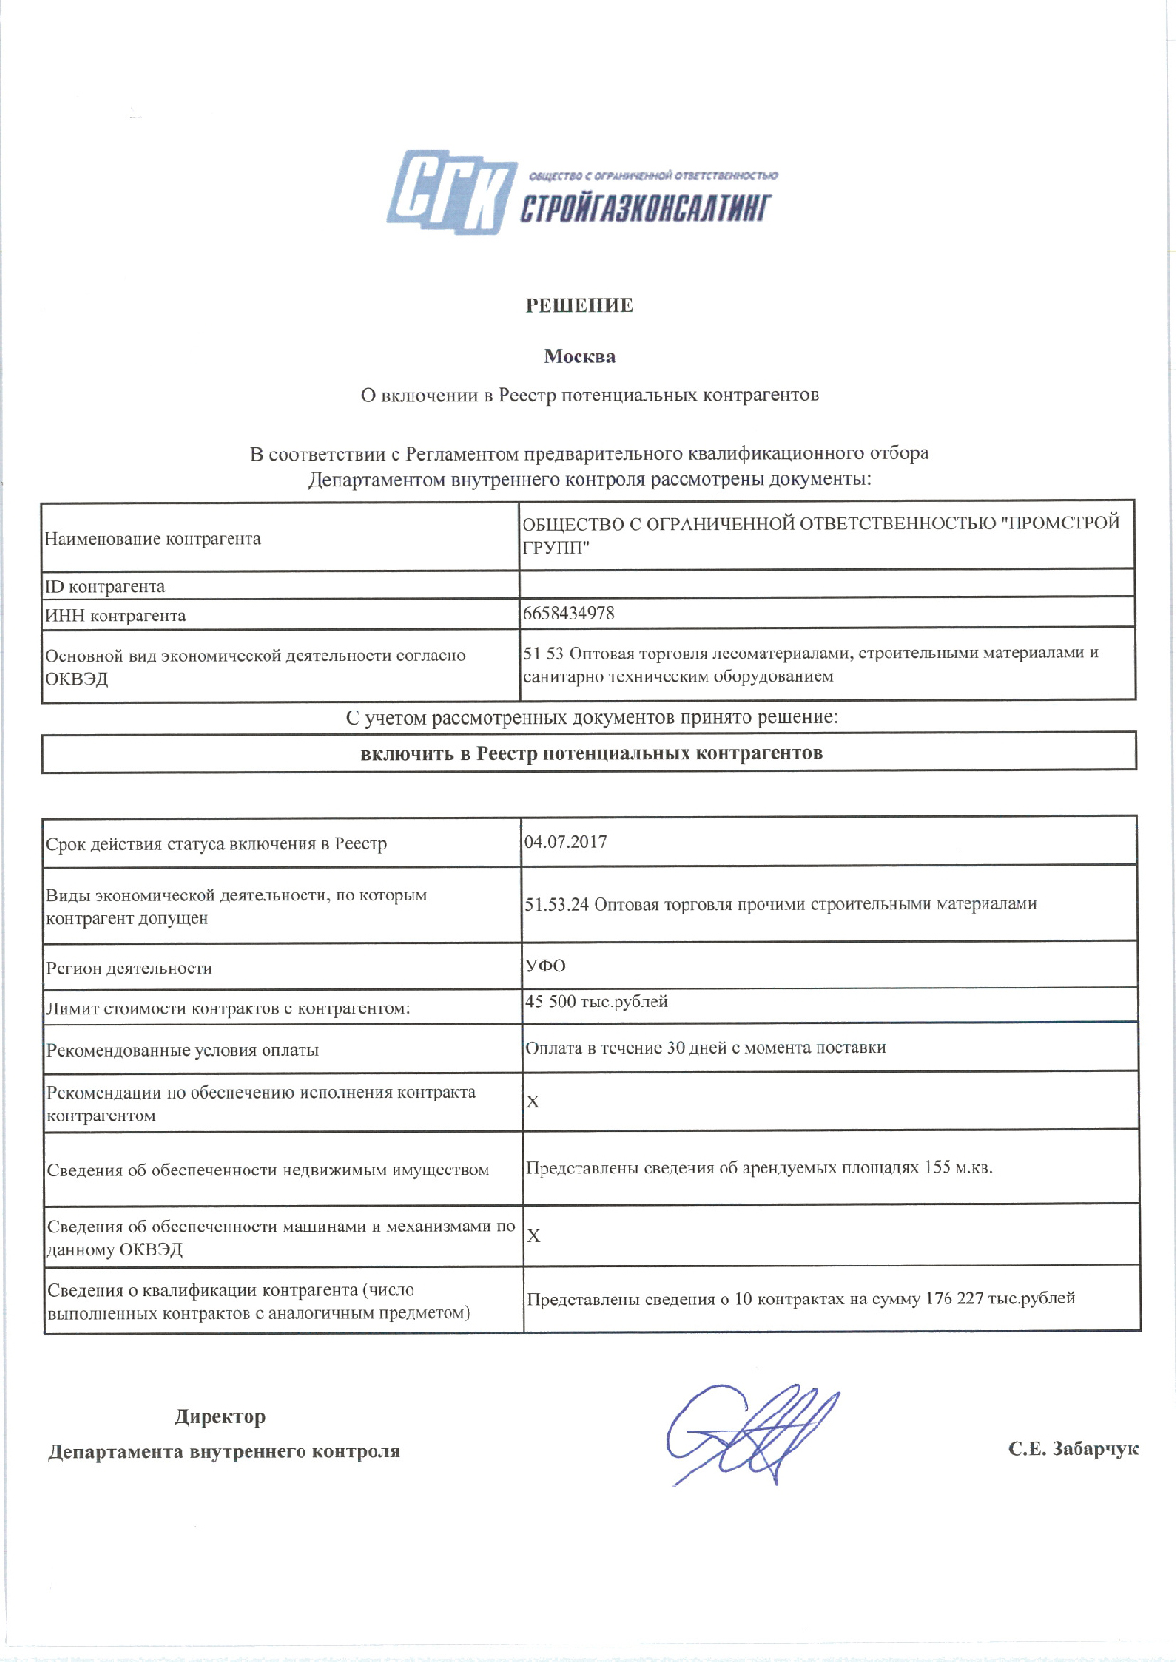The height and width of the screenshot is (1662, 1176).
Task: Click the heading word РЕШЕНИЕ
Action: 579,305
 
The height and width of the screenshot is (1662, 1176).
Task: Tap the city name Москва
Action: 579,357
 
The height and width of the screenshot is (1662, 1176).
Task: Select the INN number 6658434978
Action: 569,613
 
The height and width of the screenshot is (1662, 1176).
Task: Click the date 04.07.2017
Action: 565,840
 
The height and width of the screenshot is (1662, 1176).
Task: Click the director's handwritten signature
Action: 749,1433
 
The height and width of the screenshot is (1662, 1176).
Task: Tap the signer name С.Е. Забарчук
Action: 1074,1449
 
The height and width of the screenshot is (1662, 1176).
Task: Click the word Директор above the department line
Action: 220,1416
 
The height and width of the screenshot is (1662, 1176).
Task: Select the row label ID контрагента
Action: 104,586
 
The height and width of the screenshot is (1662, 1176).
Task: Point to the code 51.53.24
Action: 558,904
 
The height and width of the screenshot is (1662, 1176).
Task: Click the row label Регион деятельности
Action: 129,969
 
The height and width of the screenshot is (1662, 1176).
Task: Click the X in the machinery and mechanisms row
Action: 533,1235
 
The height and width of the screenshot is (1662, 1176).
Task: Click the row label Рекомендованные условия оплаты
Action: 182,1050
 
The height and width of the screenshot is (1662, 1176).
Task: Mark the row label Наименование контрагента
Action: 153,539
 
